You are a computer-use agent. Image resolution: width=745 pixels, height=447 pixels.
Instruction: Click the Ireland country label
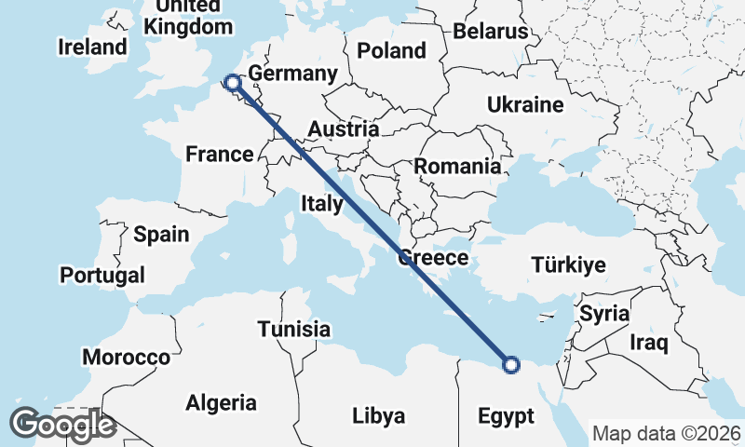click(x=91, y=47)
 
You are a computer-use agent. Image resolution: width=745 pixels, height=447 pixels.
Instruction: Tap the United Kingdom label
click(x=189, y=17)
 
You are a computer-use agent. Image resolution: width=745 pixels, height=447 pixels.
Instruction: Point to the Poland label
click(x=391, y=50)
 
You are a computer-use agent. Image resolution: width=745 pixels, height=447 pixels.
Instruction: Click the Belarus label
click(x=491, y=32)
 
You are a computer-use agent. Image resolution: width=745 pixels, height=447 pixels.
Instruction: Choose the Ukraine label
click(x=525, y=104)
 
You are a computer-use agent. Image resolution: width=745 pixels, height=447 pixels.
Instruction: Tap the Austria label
click(x=344, y=129)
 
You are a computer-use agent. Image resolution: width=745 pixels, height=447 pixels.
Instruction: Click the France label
click(x=220, y=154)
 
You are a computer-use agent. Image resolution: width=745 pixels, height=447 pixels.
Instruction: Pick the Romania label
click(x=457, y=167)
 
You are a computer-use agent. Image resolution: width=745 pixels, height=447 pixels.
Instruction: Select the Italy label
click(x=321, y=203)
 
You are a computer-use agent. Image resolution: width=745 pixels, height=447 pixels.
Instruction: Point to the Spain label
click(x=161, y=234)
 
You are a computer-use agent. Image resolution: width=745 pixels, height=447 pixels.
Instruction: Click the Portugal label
click(x=102, y=276)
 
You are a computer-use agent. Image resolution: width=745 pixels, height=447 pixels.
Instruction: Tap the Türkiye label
click(x=568, y=265)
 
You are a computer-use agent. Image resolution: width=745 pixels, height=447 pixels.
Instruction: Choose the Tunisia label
click(x=294, y=329)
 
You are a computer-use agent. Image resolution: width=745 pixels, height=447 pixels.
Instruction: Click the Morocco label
click(x=126, y=357)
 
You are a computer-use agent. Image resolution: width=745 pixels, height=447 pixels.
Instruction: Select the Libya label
click(x=377, y=415)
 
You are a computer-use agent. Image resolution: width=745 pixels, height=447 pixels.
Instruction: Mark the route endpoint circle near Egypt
click(x=510, y=365)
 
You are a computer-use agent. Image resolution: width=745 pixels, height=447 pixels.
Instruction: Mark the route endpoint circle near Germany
click(x=231, y=84)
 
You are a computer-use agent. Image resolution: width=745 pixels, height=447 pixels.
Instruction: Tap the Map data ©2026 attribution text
click(x=667, y=434)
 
